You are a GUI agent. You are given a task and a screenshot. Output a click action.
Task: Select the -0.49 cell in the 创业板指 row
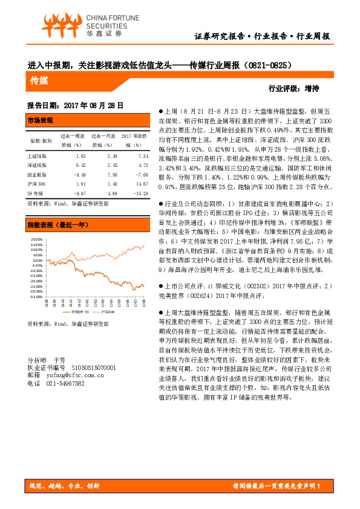tap(79, 173)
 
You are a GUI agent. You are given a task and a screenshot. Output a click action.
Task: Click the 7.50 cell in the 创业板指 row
tap(112, 173)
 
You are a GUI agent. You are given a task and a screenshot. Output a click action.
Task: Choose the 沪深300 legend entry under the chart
tap(108, 312)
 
